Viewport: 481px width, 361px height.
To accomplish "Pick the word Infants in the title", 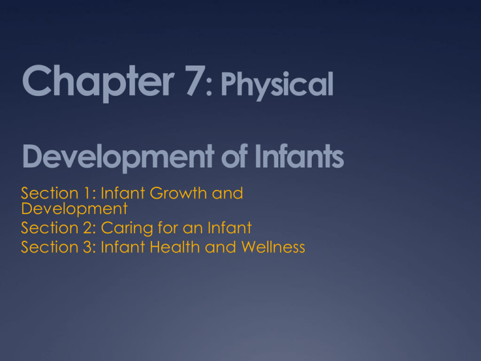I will (x=301, y=157).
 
